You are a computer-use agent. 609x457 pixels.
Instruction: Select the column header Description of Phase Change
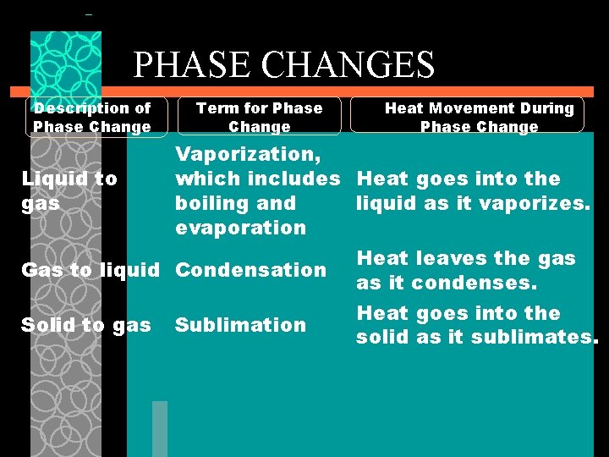[92, 117]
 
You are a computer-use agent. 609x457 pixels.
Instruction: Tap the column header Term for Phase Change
[260, 117]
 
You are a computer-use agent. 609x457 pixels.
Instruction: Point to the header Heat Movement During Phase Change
[479, 117]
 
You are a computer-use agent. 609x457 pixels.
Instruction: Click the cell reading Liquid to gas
[69, 190]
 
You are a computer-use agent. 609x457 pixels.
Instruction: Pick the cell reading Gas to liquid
[90, 270]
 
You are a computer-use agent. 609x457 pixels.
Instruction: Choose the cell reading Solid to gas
[86, 325]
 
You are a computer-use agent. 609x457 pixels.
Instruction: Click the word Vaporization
[244, 154]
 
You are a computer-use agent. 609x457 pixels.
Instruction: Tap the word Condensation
[250, 270]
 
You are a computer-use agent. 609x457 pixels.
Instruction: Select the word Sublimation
[240, 325]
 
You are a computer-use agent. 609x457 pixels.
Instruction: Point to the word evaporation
[240, 228]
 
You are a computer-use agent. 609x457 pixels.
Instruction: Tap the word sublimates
[542, 337]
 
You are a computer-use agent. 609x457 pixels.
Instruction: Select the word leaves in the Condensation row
[441, 258]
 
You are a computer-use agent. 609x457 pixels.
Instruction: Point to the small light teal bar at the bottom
[160, 428]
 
